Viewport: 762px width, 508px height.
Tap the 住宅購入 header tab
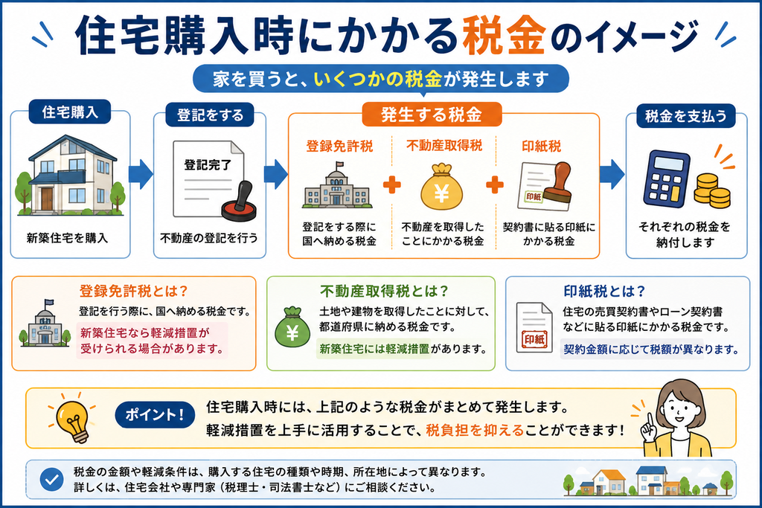click(70, 112)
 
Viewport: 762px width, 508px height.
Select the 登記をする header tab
click(210, 115)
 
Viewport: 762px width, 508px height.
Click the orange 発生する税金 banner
click(432, 115)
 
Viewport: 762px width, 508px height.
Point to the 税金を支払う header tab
click(685, 116)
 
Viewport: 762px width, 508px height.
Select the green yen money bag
click(292, 327)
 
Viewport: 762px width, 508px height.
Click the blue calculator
click(667, 179)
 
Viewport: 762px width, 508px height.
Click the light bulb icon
click(73, 418)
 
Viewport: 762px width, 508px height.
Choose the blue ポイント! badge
click(155, 415)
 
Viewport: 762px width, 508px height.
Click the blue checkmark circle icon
click(51, 480)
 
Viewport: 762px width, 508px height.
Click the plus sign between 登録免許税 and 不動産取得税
click(391, 184)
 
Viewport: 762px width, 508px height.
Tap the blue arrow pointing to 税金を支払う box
click(612, 174)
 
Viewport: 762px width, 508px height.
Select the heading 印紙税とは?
click(604, 291)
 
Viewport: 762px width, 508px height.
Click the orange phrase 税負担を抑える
click(474, 431)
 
